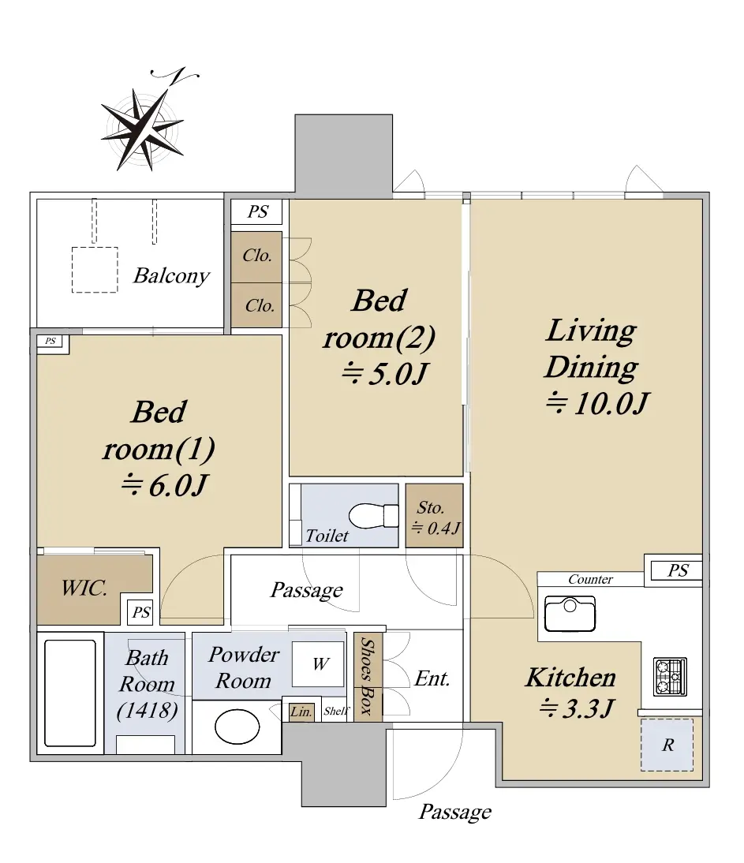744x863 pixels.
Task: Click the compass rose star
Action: pos(142,128)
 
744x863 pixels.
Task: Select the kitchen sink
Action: pos(570,614)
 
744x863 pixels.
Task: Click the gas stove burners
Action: pos(671,676)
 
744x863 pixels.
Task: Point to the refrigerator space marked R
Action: pos(667,745)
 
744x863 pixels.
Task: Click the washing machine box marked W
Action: pos(318,663)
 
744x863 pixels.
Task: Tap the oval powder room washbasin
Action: pos(237,727)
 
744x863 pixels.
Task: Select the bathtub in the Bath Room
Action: pos(70,693)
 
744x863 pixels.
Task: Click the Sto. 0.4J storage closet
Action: pos(434,516)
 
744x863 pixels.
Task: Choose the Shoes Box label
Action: pos(367,675)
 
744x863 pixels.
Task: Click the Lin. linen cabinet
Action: pos(301,712)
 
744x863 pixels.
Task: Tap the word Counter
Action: pos(590,579)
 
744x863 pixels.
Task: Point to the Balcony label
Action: pos(171,275)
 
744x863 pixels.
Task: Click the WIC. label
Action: pos(84,588)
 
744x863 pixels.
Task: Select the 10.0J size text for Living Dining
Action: pos(597,403)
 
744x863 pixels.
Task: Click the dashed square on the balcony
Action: pos(95,270)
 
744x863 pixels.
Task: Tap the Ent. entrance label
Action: pos(432,678)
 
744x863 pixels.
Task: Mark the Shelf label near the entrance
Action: pos(336,711)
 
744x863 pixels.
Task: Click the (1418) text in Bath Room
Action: pos(147,711)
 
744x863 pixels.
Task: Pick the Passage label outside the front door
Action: pos(455,812)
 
